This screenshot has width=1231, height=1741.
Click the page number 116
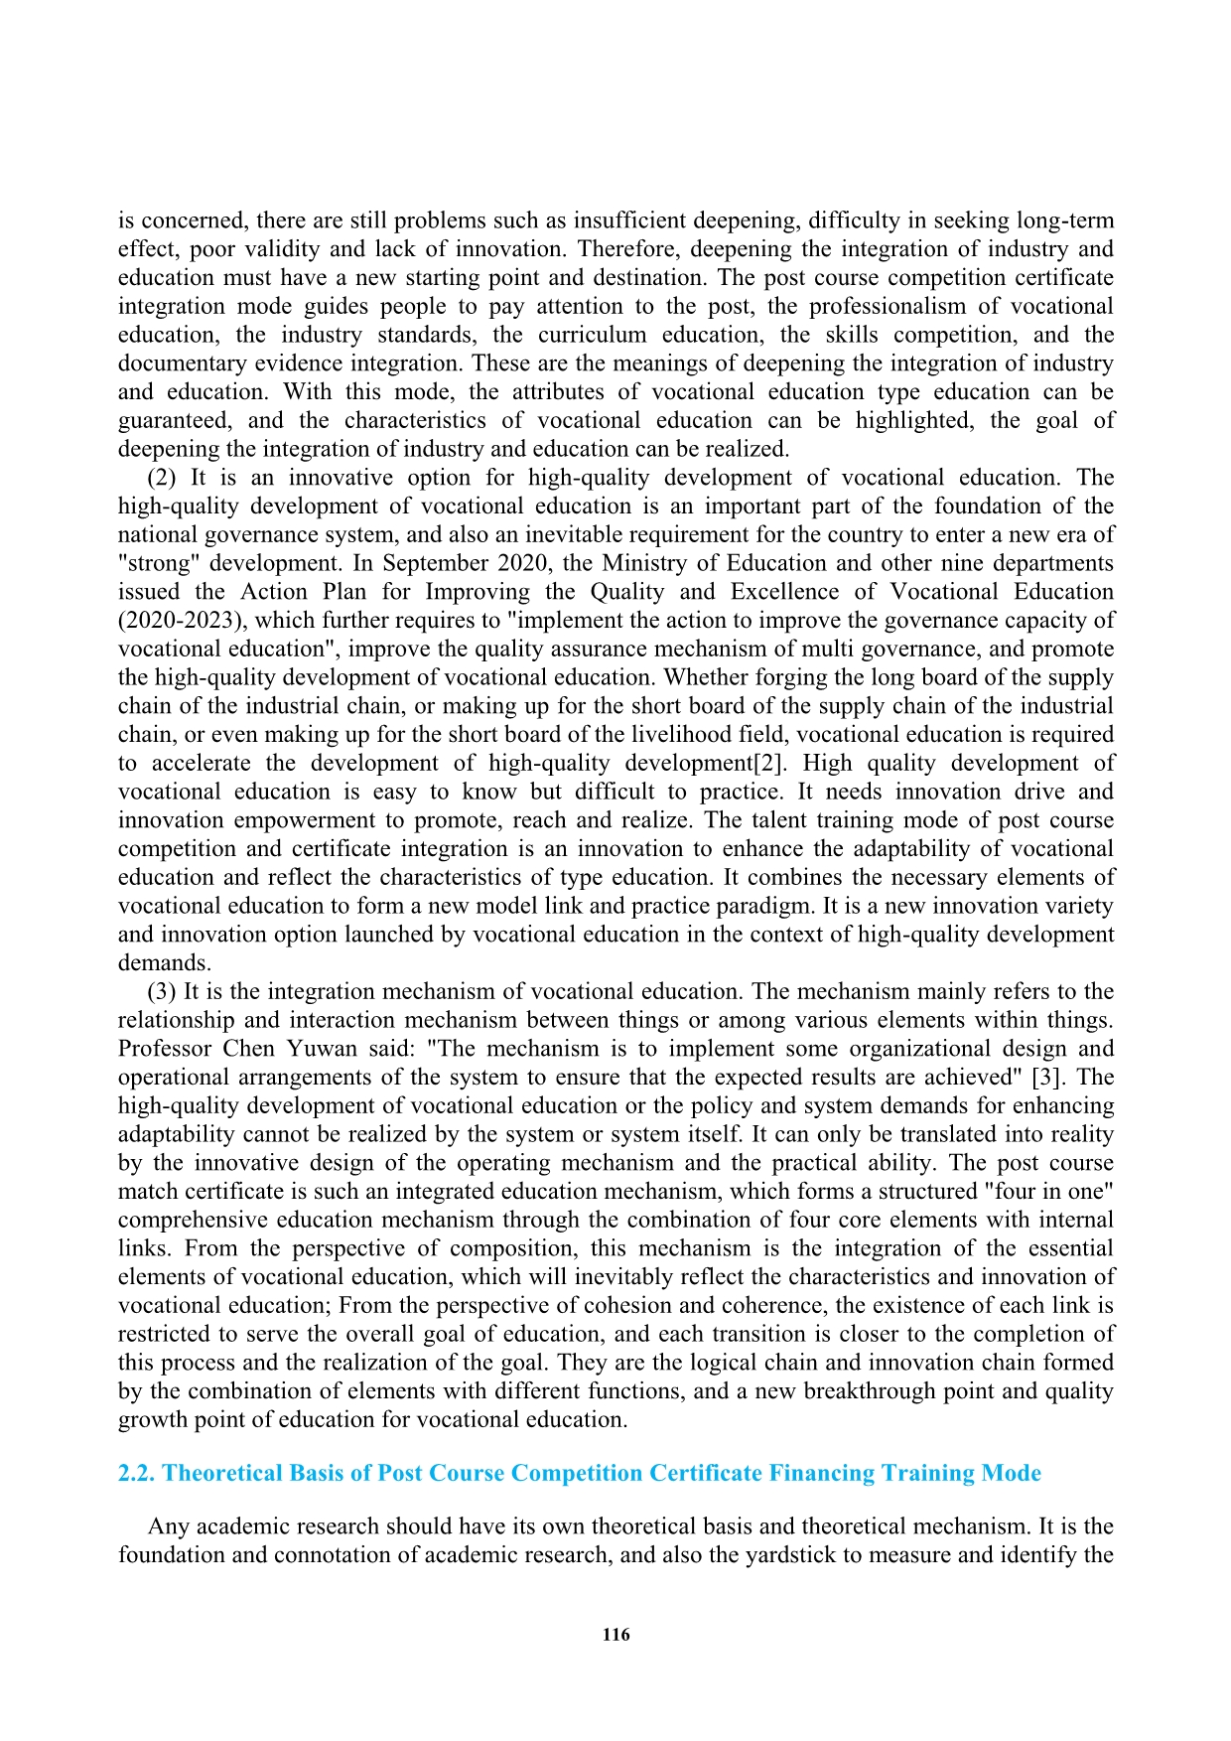coord(615,1635)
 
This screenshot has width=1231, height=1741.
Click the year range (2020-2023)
coord(180,621)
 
